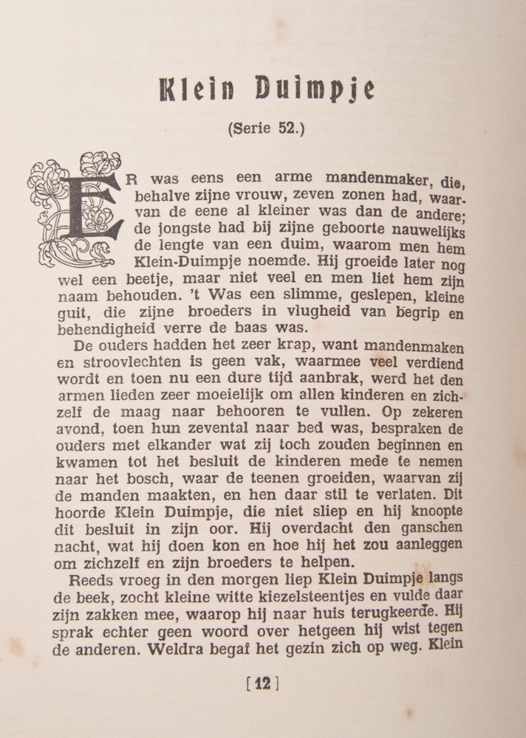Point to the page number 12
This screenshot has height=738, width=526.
click(263, 683)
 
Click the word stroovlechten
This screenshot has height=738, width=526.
click(123, 362)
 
